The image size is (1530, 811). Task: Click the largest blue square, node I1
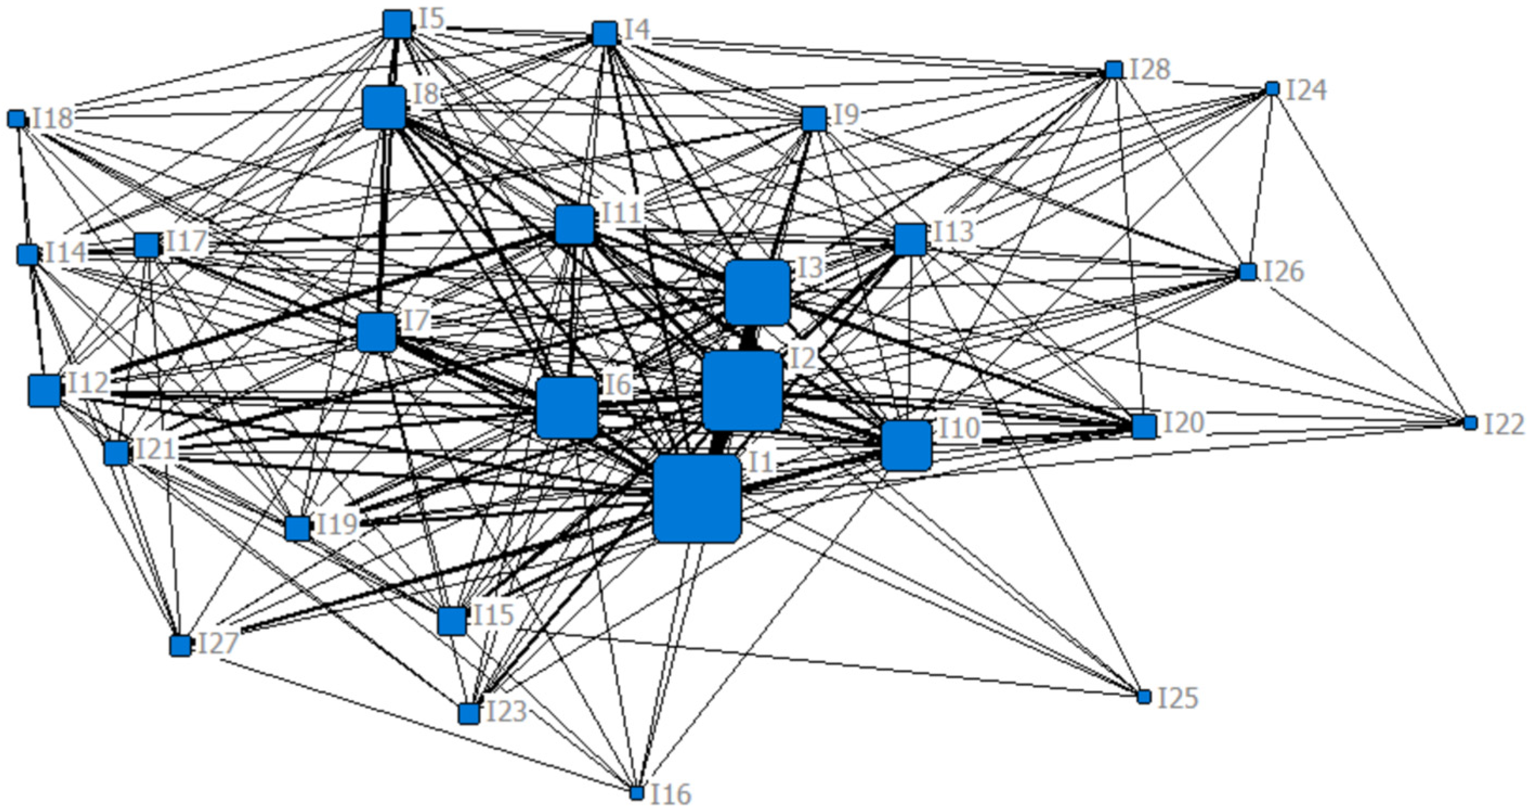point(697,499)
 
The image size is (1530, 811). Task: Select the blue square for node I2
point(742,390)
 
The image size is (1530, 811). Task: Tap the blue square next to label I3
point(757,292)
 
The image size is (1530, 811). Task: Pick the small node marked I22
point(1470,423)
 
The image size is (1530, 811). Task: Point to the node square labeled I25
point(1144,697)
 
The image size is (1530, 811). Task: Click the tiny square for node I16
point(637,793)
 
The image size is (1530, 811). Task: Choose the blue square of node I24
point(1272,89)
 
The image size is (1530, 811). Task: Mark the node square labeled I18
point(17,119)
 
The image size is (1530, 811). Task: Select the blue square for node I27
point(180,645)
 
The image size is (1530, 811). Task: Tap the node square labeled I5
point(397,24)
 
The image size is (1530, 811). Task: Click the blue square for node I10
point(906,446)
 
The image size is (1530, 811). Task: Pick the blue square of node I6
point(567,408)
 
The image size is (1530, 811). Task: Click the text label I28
point(1150,69)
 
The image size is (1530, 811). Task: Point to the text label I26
point(1283,272)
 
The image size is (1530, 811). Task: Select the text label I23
point(507,711)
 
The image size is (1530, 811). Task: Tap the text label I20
point(1182,423)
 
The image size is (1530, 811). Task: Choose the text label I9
point(846,115)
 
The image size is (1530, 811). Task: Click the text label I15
point(493,615)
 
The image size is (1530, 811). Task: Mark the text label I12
point(88,383)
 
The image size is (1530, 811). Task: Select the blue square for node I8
point(384,107)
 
